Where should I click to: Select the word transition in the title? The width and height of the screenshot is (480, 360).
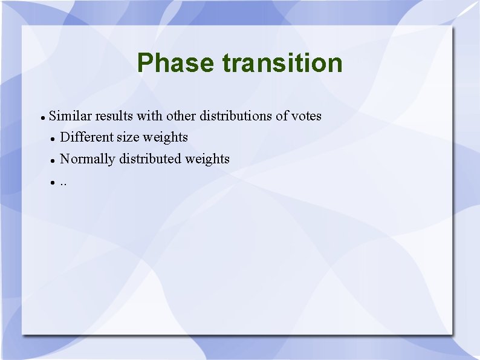[x=282, y=63]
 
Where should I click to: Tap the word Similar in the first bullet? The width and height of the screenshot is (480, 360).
[x=70, y=116]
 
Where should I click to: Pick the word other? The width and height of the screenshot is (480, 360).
[x=181, y=116]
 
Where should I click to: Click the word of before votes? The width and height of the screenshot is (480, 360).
[x=282, y=116]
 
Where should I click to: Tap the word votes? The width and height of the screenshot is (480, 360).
[x=306, y=116]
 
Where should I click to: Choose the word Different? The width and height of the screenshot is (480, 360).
[x=87, y=137]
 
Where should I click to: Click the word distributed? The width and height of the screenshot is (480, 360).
[x=151, y=159]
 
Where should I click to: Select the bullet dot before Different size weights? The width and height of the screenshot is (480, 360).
[x=53, y=139]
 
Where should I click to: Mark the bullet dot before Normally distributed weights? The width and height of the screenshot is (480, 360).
[x=53, y=160]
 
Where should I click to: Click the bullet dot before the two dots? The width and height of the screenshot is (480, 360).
[x=53, y=182]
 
